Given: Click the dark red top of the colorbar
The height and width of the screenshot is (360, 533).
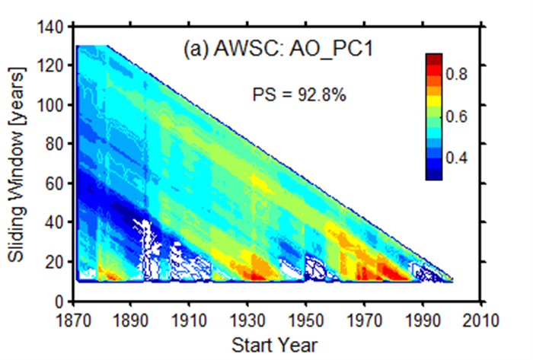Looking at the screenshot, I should pos(434,59).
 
